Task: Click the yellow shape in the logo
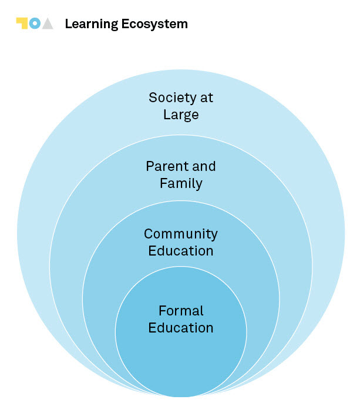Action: click(22, 22)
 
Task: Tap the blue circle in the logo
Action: click(35, 23)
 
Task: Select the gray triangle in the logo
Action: click(48, 24)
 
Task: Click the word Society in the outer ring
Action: click(169, 98)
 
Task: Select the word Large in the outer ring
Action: click(181, 115)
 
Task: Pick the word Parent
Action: click(164, 166)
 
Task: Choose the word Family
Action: click(181, 183)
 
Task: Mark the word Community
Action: click(181, 234)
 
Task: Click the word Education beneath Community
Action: click(181, 251)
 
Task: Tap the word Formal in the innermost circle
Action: click(181, 310)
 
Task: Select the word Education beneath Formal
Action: click(181, 327)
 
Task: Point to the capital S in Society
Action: click(153, 98)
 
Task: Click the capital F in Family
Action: click(163, 183)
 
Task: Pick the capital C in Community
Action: click(149, 234)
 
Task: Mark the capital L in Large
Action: click(166, 115)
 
